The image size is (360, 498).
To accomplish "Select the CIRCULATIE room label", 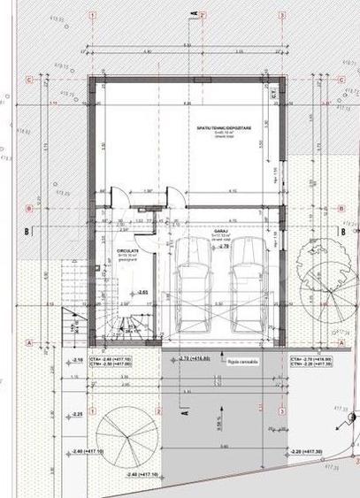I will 126,250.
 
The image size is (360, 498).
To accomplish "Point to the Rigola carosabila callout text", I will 239,361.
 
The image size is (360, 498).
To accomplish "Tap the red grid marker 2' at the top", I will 202,15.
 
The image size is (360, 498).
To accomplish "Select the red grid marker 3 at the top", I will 280,15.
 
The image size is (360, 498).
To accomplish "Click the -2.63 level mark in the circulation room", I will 142,291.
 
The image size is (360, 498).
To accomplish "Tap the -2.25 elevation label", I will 77,414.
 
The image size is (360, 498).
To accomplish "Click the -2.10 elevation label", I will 77,360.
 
